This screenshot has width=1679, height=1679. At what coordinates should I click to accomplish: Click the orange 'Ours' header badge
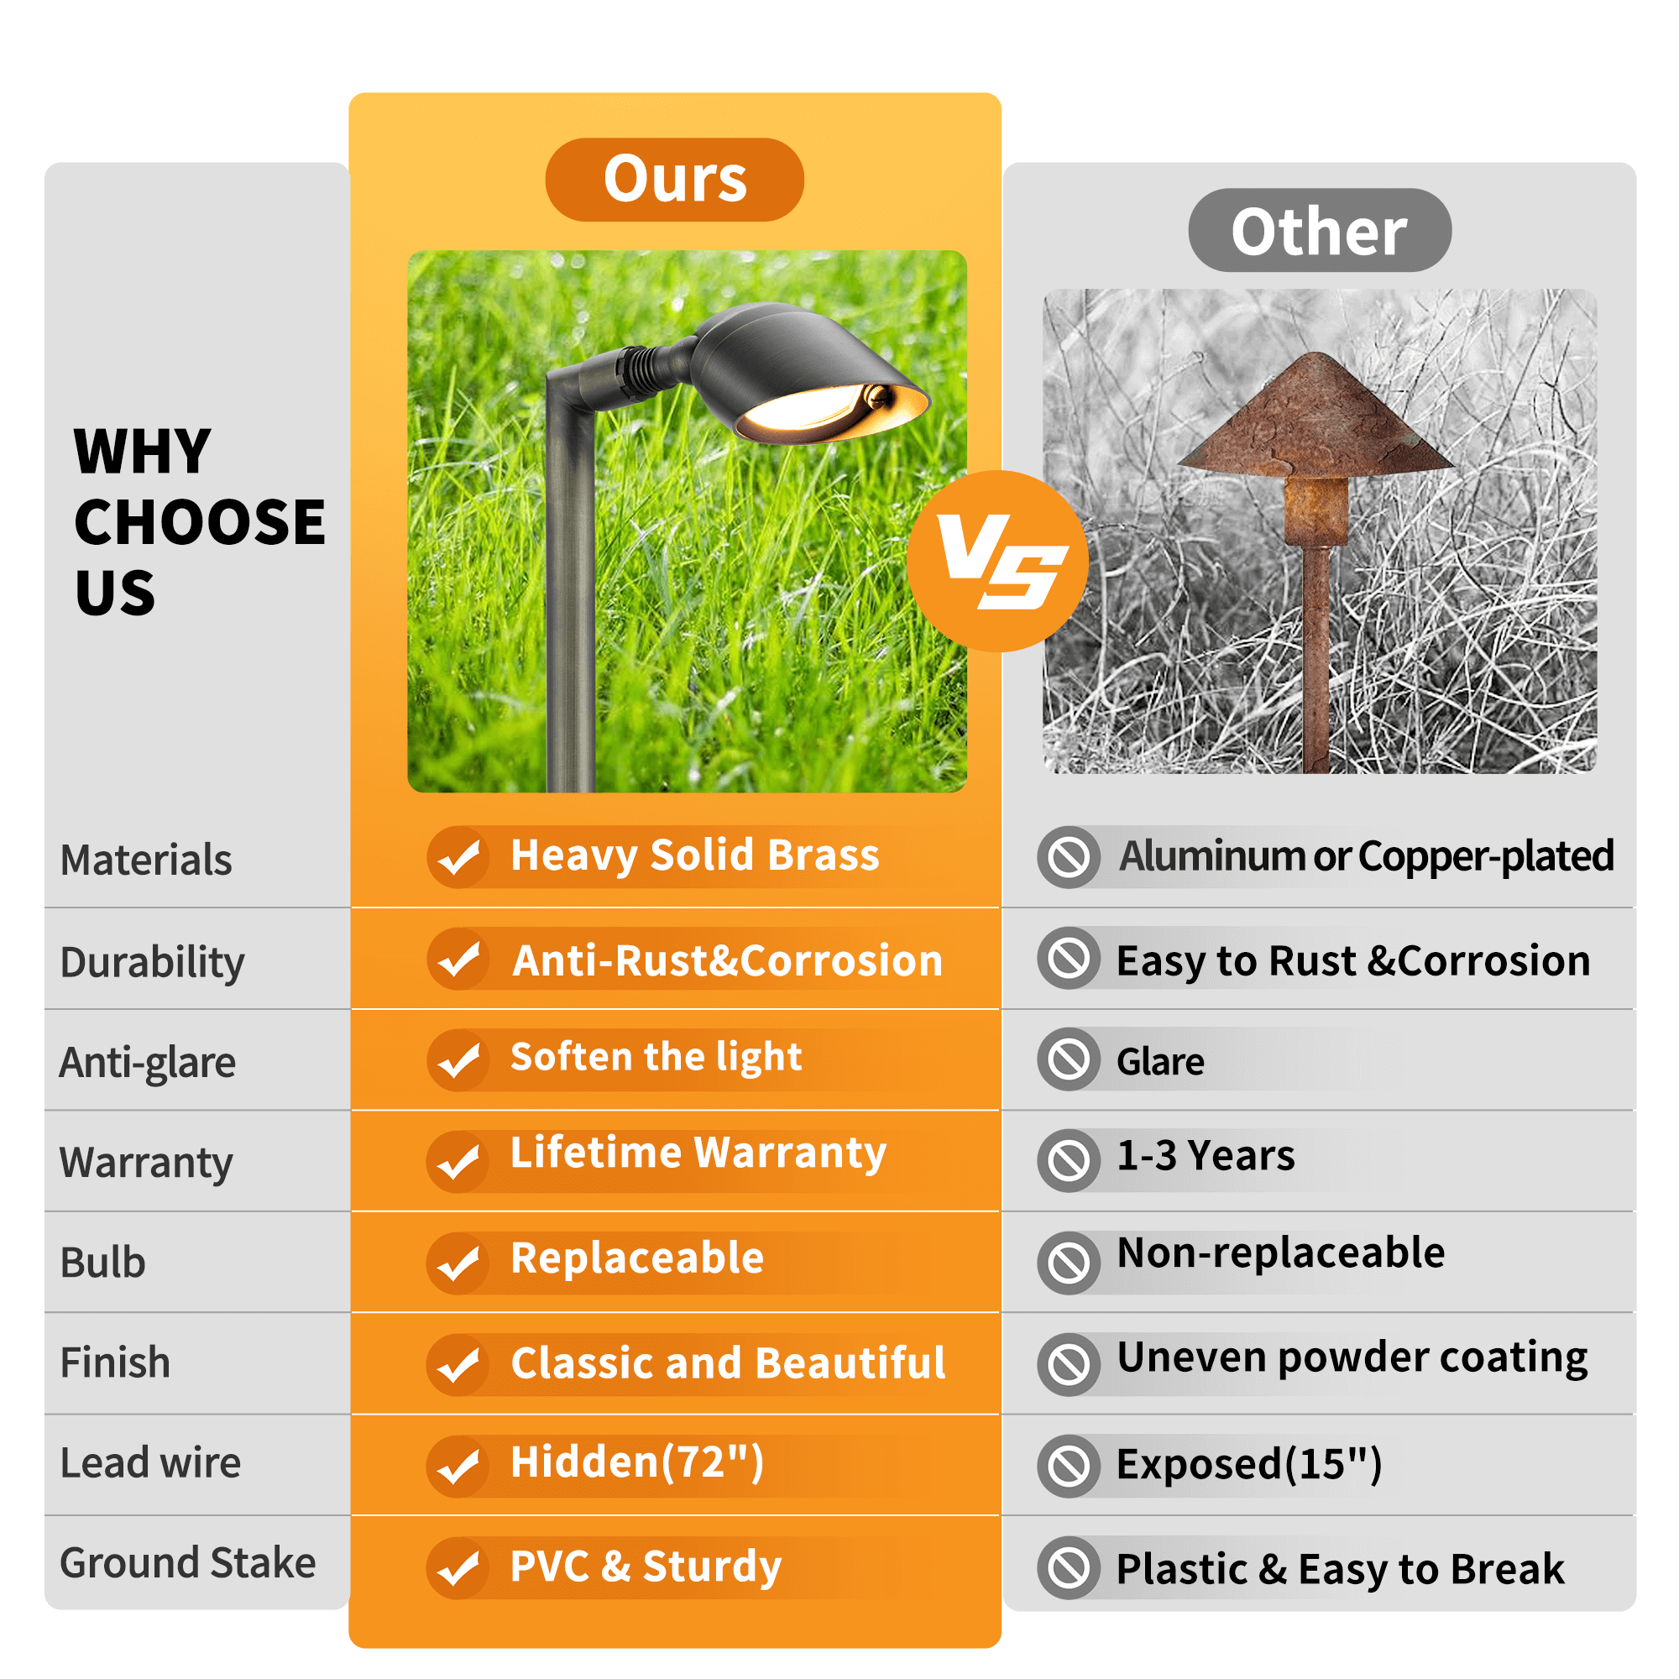tap(674, 180)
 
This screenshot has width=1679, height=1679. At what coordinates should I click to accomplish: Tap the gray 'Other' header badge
tap(1319, 230)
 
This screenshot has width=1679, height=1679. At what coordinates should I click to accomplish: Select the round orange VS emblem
tap(997, 562)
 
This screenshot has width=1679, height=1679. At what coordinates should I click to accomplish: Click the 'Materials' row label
tap(146, 860)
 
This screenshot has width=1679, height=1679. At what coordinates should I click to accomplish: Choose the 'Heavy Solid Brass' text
tap(694, 855)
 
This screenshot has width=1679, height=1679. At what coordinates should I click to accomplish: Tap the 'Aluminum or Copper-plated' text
tap(1366, 856)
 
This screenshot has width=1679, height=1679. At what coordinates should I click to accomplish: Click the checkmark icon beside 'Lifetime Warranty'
tap(458, 1162)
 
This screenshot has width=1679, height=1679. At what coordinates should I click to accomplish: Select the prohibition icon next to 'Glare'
tap(1069, 1059)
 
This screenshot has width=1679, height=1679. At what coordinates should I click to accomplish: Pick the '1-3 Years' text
tap(1206, 1156)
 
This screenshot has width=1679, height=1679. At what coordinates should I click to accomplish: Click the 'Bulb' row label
tap(102, 1263)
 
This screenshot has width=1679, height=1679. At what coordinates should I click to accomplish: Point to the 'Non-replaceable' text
tap(1281, 1253)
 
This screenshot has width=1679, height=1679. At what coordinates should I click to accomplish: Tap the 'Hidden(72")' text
tap(637, 1462)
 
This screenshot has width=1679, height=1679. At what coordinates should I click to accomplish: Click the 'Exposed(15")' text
tap(1249, 1464)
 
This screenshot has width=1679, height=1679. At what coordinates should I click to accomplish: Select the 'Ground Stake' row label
tap(188, 1562)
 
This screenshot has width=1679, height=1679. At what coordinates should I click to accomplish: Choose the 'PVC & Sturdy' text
tap(646, 1567)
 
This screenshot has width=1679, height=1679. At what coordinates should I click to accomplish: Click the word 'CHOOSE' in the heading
tap(200, 522)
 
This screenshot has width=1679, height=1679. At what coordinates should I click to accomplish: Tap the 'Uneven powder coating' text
tap(1352, 1357)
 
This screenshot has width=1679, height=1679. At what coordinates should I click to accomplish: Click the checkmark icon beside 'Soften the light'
tap(458, 1060)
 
